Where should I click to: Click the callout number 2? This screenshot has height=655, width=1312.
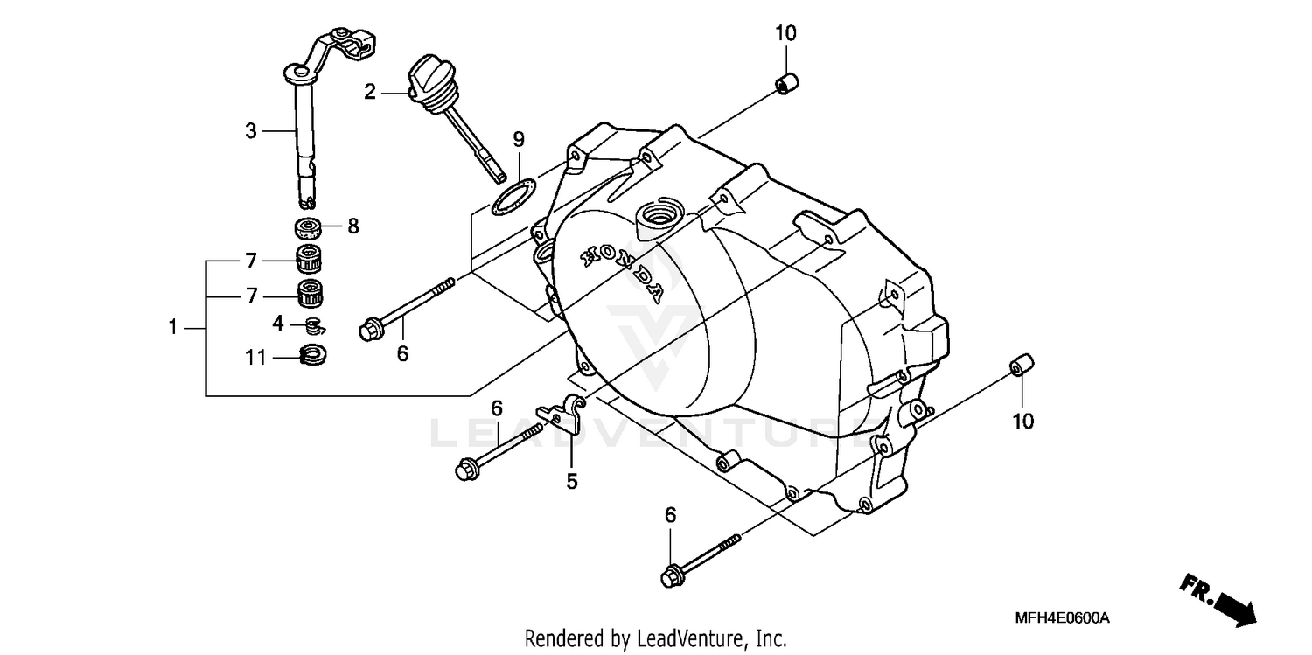click(x=370, y=91)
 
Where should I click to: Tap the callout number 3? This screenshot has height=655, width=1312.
click(x=251, y=131)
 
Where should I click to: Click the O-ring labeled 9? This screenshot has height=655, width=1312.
click(x=513, y=196)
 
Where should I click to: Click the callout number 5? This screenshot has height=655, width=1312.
click(x=571, y=481)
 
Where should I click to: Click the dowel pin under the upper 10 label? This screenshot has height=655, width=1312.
click(x=786, y=84)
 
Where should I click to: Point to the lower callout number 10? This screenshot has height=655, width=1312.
click(x=1022, y=422)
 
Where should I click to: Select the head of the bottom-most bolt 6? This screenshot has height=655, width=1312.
click(x=672, y=576)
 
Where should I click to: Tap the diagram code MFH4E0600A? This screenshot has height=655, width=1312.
click(x=1062, y=618)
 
